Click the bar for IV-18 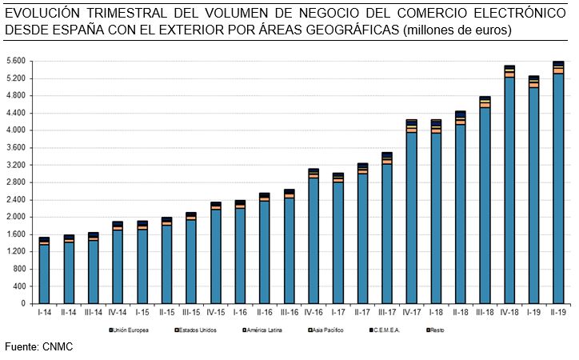(509, 185)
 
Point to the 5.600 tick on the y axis (15, 62)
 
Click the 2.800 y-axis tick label (15, 182)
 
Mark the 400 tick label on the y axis (19, 286)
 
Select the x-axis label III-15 (191, 312)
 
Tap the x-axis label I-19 (534, 312)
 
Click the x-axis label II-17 (362, 312)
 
